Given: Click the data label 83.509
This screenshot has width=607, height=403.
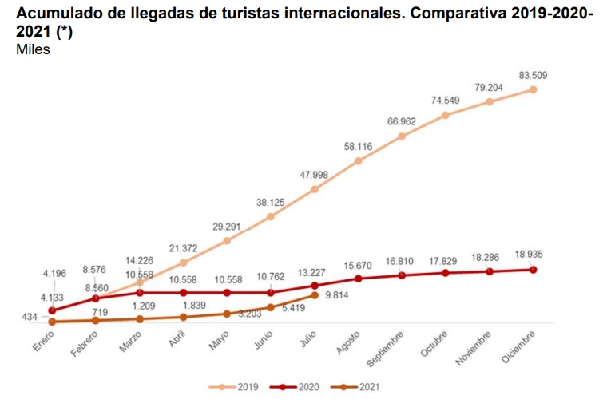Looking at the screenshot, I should click(x=533, y=75).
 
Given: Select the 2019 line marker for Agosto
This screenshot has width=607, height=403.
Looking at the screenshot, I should click(x=359, y=161).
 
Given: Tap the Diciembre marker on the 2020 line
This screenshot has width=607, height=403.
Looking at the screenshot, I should click(x=533, y=270).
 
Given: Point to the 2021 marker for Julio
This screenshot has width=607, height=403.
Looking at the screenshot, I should click(x=315, y=295).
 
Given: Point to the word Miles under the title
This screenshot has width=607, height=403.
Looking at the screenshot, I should click(x=33, y=50).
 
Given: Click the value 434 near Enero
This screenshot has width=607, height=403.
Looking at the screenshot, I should click(x=30, y=318).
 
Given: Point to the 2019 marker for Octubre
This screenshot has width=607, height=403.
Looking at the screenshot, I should click(x=446, y=115).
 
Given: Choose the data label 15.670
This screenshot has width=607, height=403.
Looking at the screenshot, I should click(x=359, y=265).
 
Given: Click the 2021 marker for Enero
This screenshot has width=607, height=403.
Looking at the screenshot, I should click(x=52, y=322).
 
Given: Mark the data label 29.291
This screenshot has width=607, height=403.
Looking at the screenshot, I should click(x=227, y=227).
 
